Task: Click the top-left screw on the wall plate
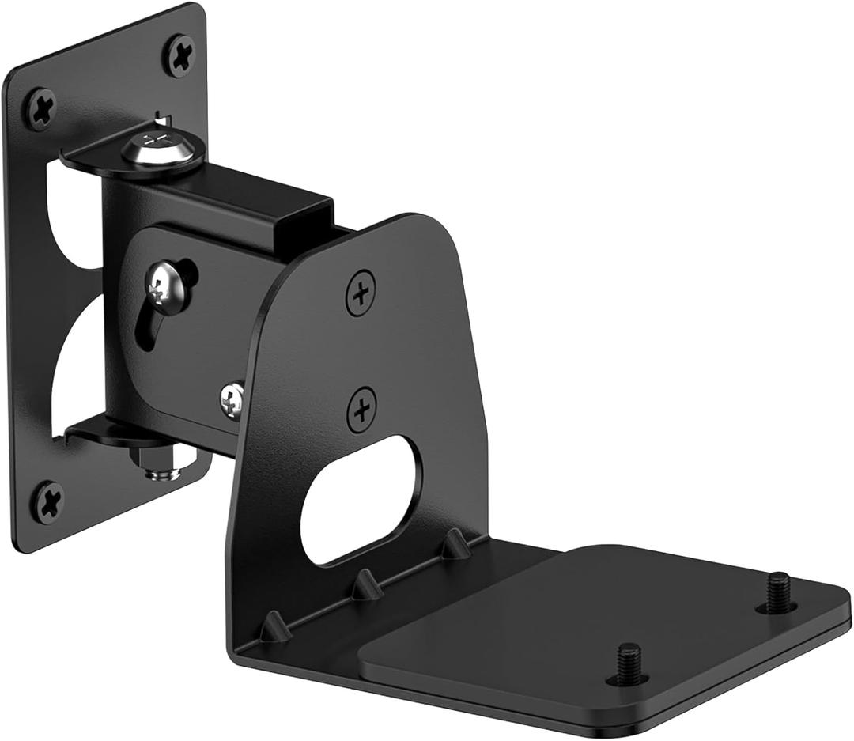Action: (40, 108)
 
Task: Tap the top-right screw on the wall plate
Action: (179, 55)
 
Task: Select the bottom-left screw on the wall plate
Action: (47, 502)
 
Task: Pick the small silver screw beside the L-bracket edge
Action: (232, 399)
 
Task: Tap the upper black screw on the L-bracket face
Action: (361, 293)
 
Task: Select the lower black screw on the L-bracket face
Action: (361, 409)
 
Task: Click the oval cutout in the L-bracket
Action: (361, 500)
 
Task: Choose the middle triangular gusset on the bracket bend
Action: (366, 585)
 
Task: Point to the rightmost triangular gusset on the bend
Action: (455, 544)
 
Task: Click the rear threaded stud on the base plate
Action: (777, 592)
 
